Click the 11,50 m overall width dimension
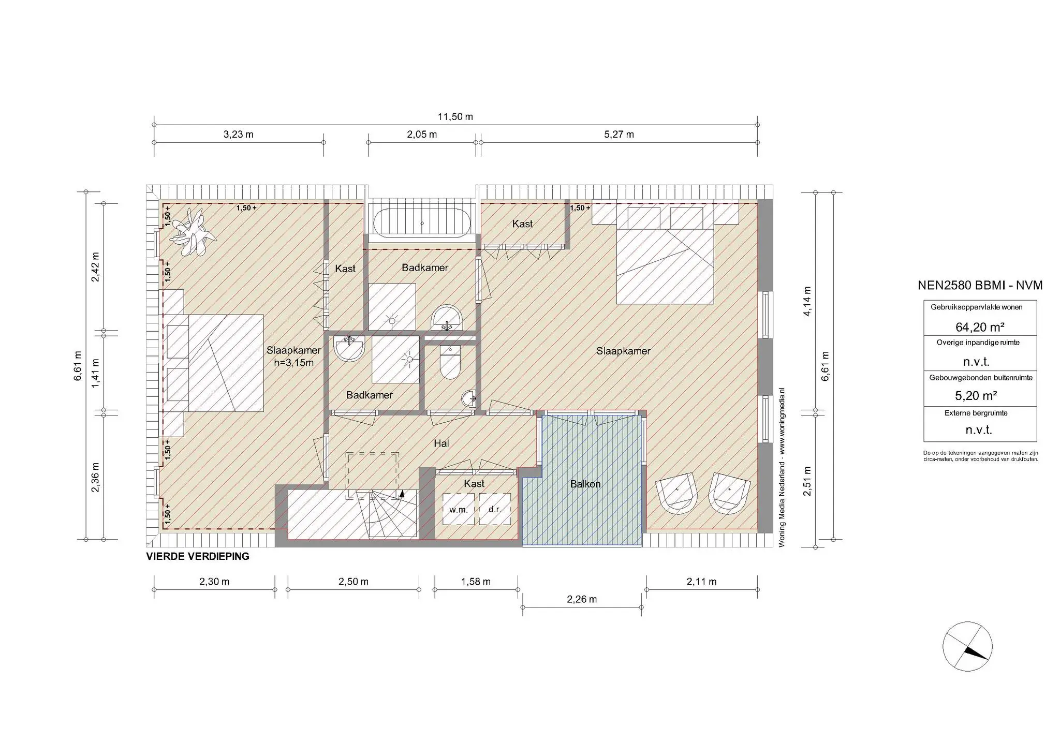[x=455, y=116]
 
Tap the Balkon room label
[x=585, y=484]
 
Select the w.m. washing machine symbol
[x=459, y=509]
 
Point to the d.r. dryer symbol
[x=495, y=509]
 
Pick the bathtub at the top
[x=422, y=223]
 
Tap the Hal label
[x=441, y=443]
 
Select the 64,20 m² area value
[x=980, y=327]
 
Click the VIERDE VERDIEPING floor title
[x=198, y=557]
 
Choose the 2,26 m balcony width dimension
[x=582, y=600]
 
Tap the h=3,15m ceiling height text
[x=294, y=363]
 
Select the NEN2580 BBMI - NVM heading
[x=980, y=285]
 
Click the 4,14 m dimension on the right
[x=807, y=301]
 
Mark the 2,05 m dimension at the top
[x=422, y=135]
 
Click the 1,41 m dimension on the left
[x=96, y=373]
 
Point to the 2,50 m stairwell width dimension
[x=354, y=582]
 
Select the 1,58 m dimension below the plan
[x=476, y=582]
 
